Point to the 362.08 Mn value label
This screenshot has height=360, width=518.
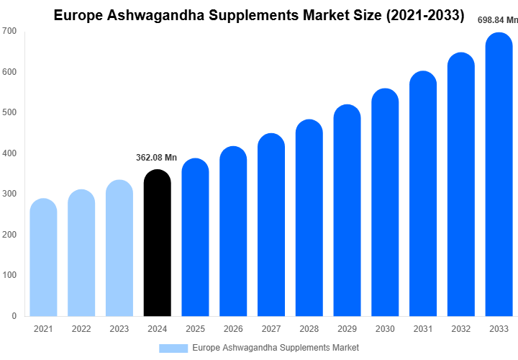158,158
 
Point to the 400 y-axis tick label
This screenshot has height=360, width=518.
9,153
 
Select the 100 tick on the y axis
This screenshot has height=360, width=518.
9,275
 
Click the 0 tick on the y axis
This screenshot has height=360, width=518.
14,316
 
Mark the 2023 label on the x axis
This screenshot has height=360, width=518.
119,329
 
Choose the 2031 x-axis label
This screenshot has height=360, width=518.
423,329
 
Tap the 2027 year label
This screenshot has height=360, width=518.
271,329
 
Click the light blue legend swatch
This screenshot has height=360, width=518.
173,348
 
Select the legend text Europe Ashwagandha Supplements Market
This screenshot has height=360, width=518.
276,348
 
